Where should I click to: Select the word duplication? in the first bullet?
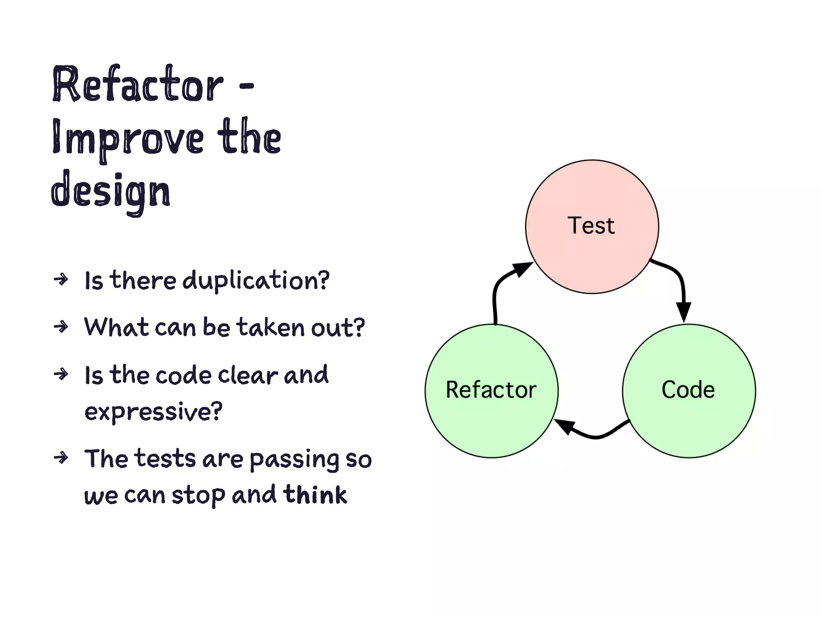click(256, 280)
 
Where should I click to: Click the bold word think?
click(315, 494)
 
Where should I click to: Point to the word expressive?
click(153, 411)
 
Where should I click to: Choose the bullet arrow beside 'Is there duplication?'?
click(61, 279)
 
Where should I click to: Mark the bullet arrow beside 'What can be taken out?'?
click(61, 327)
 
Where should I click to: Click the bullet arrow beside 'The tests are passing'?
click(61, 458)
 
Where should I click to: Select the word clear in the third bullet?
click(248, 375)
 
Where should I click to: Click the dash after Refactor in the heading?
click(246, 85)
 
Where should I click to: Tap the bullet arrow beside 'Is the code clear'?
click(61, 374)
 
